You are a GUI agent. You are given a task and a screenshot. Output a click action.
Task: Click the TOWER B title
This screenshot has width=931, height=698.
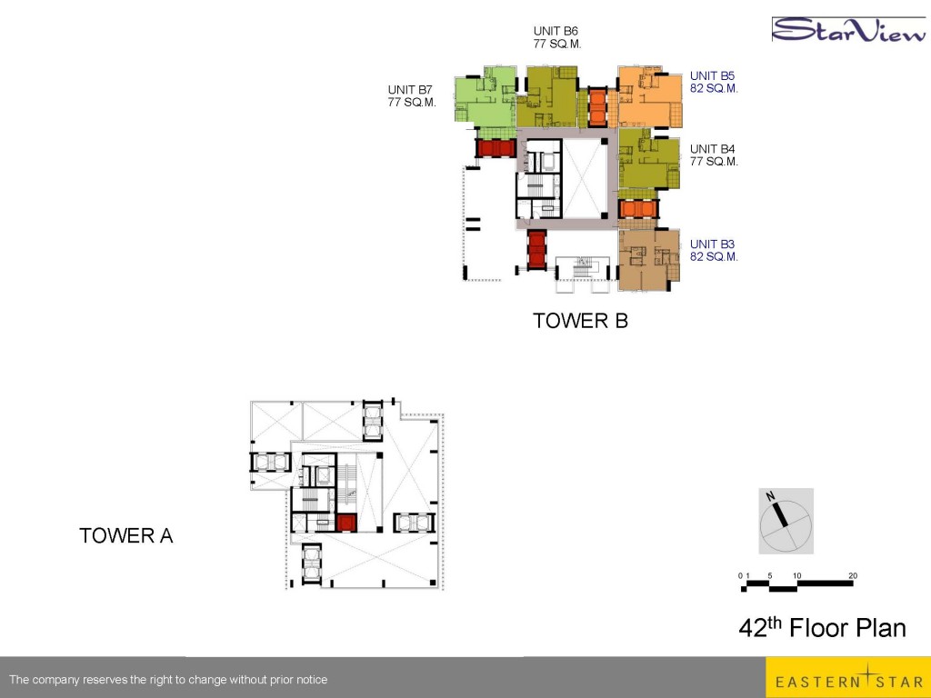580,321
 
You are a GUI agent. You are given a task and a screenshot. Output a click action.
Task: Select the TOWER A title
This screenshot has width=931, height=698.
125,535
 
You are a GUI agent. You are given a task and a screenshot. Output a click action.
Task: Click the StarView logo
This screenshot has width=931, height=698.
848,30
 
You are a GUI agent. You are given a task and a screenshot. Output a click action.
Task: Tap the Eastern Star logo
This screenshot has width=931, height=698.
848,677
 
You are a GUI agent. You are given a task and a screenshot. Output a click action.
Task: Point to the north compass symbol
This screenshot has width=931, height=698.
786,521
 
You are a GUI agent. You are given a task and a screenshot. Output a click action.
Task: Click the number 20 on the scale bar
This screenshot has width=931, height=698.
853,575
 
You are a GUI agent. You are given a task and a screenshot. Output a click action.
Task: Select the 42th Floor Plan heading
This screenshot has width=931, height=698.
822,627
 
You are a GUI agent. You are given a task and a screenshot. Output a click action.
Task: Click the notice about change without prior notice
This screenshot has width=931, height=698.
168,680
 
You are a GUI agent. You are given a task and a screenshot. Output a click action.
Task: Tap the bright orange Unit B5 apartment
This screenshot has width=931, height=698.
649,96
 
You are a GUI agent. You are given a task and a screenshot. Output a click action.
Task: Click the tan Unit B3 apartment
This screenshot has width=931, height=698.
648,260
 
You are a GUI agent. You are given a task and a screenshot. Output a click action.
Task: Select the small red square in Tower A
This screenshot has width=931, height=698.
345,523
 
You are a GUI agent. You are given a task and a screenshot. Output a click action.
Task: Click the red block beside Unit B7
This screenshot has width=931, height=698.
496,148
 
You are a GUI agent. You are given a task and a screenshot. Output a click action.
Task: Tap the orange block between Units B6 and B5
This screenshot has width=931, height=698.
597,107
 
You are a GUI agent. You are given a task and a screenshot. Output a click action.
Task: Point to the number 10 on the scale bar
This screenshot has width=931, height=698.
796,575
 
